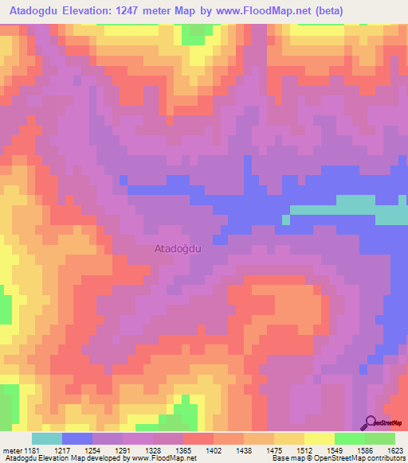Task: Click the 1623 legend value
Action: click(394, 449)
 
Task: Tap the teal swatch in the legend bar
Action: click(46, 438)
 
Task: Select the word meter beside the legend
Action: click(11, 449)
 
